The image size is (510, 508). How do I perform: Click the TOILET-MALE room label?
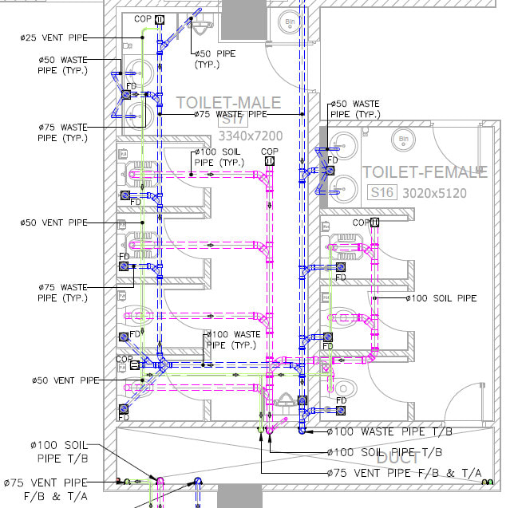point(228,103)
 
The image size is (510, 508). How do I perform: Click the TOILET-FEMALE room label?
point(424,172)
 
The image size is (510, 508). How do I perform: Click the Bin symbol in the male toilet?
point(288,25)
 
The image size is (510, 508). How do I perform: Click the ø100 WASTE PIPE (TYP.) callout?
point(233,340)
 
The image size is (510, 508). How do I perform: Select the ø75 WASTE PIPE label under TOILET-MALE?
point(230,114)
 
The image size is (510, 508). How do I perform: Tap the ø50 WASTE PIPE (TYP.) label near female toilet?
point(355,109)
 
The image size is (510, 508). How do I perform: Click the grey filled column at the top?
point(243,20)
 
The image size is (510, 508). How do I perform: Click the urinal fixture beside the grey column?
point(203,30)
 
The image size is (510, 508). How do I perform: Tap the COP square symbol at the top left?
point(160,19)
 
